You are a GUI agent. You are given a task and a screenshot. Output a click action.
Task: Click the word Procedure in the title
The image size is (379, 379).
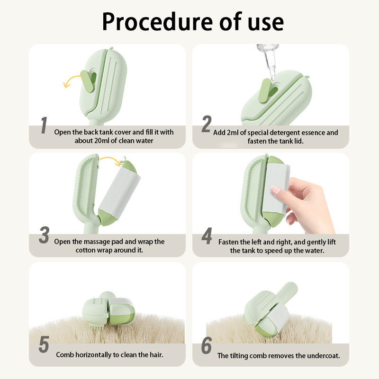point(157,22)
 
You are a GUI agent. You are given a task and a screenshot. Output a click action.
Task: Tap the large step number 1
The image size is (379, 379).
point(44,125)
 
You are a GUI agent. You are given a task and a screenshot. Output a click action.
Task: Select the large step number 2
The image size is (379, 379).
point(207,124)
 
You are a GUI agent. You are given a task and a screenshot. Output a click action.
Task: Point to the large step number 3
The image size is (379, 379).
point(44,235)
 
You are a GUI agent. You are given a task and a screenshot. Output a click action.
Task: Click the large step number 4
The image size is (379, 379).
point(207,236)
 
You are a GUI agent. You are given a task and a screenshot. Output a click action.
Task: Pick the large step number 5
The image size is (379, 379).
point(44,344)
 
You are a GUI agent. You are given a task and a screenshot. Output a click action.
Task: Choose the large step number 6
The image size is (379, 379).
point(207,345)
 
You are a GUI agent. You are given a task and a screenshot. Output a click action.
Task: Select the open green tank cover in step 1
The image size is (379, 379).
point(87,81)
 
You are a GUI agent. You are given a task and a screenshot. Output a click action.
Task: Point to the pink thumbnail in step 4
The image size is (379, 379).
point(275,190)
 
